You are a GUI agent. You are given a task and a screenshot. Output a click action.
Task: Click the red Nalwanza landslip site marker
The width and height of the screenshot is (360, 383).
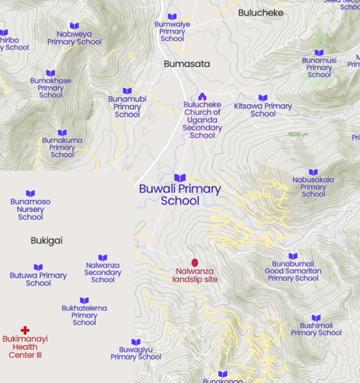(x=195, y=262)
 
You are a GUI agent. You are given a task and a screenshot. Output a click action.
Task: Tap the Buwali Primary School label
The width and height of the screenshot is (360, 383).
(x=180, y=195)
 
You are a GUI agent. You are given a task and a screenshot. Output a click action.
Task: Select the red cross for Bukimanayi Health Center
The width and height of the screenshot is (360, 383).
(x=25, y=330)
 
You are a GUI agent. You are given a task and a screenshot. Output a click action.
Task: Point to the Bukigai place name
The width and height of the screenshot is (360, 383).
(x=47, y=241)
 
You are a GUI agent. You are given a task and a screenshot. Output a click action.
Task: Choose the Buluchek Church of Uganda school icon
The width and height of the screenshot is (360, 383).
(x=202, y=96)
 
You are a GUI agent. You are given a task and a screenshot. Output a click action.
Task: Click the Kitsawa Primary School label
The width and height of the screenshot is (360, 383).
(x=263, y=110)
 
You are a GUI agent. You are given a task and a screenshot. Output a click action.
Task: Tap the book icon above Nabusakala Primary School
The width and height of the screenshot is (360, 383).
(x=313, y=172)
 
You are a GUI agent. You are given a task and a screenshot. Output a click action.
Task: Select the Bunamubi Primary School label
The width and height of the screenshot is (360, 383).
(x=127, y=107)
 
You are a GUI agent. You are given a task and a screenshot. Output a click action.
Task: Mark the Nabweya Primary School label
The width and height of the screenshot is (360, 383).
(x=74, y=38)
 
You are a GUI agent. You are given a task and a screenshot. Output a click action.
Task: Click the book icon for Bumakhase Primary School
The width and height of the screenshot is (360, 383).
(x=50, y=73)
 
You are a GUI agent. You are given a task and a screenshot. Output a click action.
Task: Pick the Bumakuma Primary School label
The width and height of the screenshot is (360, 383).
(x=62, y=147)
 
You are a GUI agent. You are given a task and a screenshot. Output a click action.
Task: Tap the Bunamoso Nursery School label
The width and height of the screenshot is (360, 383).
(x=31, y=209)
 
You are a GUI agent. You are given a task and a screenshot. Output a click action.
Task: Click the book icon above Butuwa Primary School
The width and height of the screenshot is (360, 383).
(x=38, y=267)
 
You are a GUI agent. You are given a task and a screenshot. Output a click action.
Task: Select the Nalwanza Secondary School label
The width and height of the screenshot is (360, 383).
(x=103, y=273)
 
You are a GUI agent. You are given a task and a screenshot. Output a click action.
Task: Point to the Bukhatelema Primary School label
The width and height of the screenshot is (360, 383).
(x=84, y=315)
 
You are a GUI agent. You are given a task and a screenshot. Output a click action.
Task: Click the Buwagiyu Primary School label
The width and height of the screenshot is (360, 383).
(x=136, y=353)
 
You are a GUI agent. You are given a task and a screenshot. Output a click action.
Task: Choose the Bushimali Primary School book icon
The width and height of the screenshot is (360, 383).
(x=316, y=318)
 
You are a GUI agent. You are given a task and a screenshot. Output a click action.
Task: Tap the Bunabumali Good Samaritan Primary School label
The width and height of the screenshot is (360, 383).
(x=293, y=271)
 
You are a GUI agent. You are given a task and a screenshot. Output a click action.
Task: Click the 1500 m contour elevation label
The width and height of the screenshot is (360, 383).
(x=297, y=135)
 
